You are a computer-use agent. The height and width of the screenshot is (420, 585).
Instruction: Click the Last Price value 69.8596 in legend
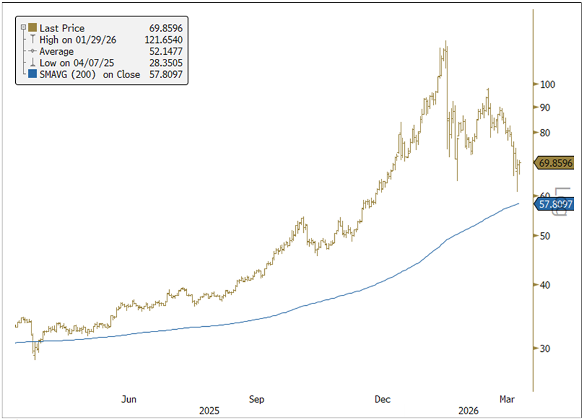click(164, 29)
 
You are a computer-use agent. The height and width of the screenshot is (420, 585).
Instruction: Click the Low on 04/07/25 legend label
click(73, 63)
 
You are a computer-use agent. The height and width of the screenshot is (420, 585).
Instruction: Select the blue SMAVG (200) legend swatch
click(31, 74)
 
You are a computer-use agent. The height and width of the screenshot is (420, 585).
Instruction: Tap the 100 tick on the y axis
click(548, 84)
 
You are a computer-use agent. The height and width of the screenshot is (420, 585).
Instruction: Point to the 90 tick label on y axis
click(546, 108)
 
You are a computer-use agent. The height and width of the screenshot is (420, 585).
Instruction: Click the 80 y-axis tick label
click(546, 133)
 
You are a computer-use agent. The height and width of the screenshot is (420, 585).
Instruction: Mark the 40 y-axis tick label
click(546, 285)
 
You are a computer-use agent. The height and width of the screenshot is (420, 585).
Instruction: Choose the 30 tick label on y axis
click(546, 348)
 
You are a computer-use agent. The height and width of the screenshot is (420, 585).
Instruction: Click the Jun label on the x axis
click(129, 399)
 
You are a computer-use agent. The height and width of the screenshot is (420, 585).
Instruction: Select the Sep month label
click(257, 399)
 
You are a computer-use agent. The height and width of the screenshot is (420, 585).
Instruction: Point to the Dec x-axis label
click(383, 399)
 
